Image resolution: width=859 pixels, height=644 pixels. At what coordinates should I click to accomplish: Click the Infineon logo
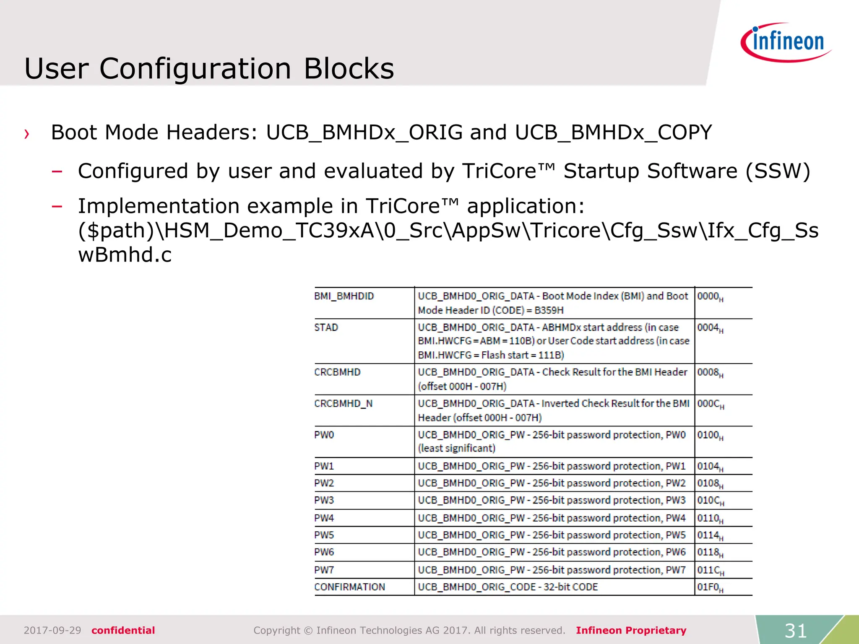pyautogui.click(x=786, y=42)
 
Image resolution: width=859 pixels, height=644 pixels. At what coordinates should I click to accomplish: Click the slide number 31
pyautogui.click(x=796, y=630)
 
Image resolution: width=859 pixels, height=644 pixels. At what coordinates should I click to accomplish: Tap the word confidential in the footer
pyautogui.click(x=123, y=630)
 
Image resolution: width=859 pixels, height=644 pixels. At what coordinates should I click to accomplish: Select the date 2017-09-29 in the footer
pyautogui.click(x=52, y=630)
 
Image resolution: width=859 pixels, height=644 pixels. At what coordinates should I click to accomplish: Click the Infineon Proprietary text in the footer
pyautogui.click(x=631, y=630)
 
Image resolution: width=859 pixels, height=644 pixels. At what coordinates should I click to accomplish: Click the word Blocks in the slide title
pyautogui.click(x=349, y=68)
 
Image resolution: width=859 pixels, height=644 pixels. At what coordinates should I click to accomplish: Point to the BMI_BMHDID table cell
pyautogui.click(x=344, y=296)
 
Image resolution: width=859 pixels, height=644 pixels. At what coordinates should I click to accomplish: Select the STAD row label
pyautogui.click(x=326, y=327)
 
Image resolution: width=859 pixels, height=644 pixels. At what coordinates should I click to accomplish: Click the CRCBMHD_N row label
pyautogui.click(x=343, y=403)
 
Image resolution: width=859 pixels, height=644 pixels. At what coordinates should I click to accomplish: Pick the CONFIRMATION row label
pyautogui.click(x=349, y=587)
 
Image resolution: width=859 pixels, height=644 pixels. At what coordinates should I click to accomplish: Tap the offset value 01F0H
pyautogui.click(x=710, y=587)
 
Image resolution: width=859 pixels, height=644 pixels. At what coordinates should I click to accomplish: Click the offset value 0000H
pyautogui.click(x=710, y=296)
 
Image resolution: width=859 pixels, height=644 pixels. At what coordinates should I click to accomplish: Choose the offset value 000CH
pyautogui.click(x=710, y=404)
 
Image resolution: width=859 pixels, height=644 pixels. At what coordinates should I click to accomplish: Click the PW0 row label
pyautogui.click(x=324, y=435)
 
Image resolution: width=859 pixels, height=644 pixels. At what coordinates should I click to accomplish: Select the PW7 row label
pyautogui.click(x=324, y=570)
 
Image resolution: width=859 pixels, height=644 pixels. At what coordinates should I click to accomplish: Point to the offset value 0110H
pyautogui.click(x=710, y=518)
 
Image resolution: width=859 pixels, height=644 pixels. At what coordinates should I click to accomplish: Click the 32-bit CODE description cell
pyautogui.click(x=508, y=587)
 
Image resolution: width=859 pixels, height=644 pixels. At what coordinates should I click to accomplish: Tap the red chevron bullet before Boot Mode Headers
pyautogui.click(x=27, y=134)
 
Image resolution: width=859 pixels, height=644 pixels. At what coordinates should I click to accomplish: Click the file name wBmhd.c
pyautogui.click(x=125, y=254)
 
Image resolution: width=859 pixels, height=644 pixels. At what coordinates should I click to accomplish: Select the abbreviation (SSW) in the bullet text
pyautogui.click(x=778, y=171)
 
